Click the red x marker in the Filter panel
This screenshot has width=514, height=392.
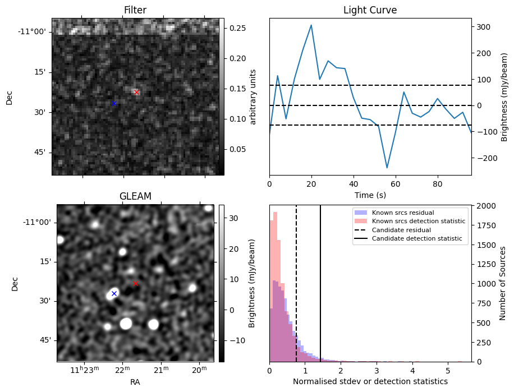pos(136,92)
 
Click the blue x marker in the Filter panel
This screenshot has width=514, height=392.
pos(114,103)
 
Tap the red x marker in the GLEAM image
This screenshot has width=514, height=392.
pos(135,284)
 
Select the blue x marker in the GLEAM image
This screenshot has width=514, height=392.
pos(114,293)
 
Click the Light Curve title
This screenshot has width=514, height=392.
pos(370,11)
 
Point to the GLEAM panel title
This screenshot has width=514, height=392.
pos(135,196)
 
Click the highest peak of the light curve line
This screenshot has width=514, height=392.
pos(311,25)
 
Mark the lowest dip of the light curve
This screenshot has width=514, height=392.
pos(387,167)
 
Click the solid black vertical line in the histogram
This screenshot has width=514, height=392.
pos(320,280)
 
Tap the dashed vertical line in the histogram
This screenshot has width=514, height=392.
pos(296,280)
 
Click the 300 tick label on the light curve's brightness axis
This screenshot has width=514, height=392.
pos(483,27)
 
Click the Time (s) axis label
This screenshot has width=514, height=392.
pos(370,195)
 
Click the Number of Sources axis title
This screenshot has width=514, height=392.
pos(503,283)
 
